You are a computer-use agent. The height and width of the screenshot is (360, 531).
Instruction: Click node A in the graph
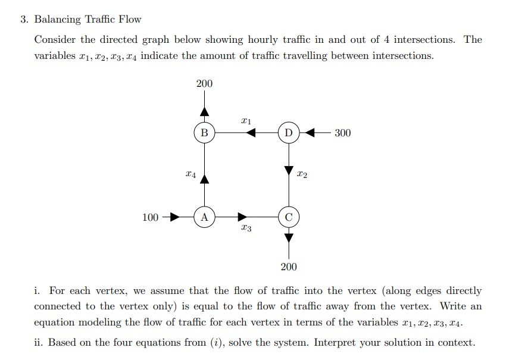click(x=204, y=217)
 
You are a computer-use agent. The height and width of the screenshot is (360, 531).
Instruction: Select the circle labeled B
click(x=204, y=132)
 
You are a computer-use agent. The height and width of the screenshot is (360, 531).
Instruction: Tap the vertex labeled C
click(x=289, y=217)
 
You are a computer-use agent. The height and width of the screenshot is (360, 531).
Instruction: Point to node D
click(x=289, y=132)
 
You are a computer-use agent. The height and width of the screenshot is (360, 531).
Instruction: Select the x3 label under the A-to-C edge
click(x=246, y=228)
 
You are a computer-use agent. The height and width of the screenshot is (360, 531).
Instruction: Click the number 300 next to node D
click(x=342, y=133)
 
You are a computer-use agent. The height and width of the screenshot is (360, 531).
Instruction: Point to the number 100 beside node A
click(x=151, y=217)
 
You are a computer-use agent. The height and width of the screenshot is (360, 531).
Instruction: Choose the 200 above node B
click(x=204, y=84)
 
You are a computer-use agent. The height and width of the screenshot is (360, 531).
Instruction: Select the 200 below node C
click(x=289, y=266)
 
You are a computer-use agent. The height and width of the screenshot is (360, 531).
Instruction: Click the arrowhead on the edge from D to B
click(x=251, y=132)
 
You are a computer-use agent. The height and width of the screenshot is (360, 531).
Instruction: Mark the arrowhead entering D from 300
click(x=310, y=132)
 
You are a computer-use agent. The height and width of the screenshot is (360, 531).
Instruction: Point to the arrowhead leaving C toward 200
click(x=289, y=238)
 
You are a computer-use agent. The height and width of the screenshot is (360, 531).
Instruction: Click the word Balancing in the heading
click(x=58, y=19)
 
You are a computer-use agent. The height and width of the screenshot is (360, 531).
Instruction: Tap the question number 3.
click(x=23, y=19)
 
